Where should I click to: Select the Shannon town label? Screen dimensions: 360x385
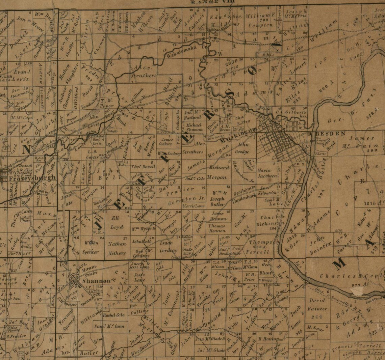pos(96,281)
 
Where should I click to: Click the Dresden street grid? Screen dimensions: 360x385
pos(280,142)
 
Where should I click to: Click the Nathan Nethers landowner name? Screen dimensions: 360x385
pos(117,248)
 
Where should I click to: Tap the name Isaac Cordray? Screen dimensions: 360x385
pos(168,247)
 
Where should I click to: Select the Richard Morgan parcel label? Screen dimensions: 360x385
pos(219,172)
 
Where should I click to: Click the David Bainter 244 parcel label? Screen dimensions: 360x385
pos(317,308)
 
